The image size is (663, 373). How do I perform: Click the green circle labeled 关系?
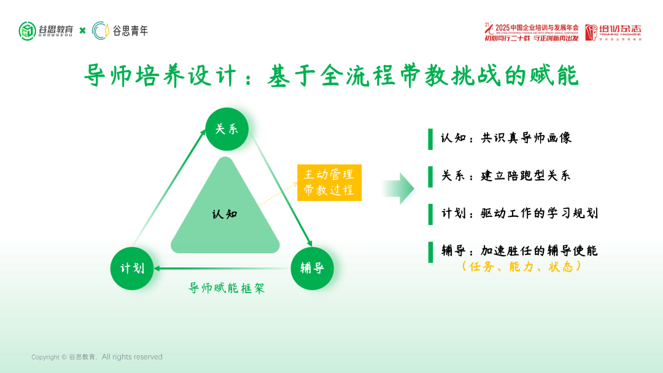click(227, 129)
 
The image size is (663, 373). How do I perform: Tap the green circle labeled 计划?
click(132, 268)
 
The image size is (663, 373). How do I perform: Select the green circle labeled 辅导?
click(312, 268)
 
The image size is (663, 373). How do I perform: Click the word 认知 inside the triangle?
click(225, 214)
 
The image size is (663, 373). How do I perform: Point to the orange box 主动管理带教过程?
click(329, 183)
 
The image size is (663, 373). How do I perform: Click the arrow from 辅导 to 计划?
click(221, 269)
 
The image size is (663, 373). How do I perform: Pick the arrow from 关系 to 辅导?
click(279, 190)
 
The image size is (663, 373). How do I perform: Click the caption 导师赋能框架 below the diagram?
click(227, 288)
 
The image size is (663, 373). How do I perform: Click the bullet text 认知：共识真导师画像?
click(506, 138)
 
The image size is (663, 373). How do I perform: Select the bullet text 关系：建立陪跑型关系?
click(506, 176)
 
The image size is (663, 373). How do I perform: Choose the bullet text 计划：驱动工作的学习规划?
click(519, 213)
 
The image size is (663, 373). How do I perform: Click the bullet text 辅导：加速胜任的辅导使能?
click(519, 251)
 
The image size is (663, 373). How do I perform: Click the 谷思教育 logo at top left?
click(47, 31)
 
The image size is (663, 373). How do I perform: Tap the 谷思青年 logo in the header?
click(120, 31)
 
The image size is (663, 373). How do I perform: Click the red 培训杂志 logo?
click(612, 32)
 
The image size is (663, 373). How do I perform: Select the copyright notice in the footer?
click(97, 357)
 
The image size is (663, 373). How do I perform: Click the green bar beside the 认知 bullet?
click(430, 138)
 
